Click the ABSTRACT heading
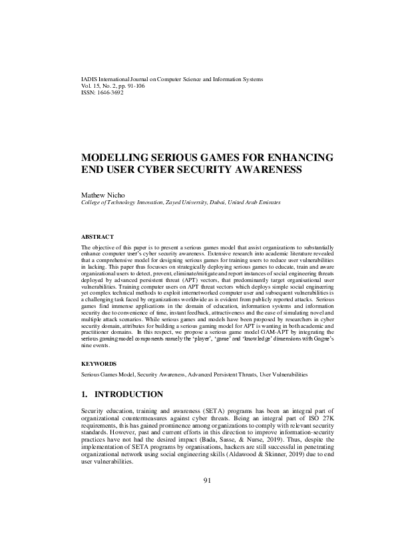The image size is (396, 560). click(97, 237)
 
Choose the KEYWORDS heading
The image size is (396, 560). click(99, 364)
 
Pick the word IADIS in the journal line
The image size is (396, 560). click(88, 79)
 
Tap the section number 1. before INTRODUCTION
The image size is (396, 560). click(84, 394)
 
